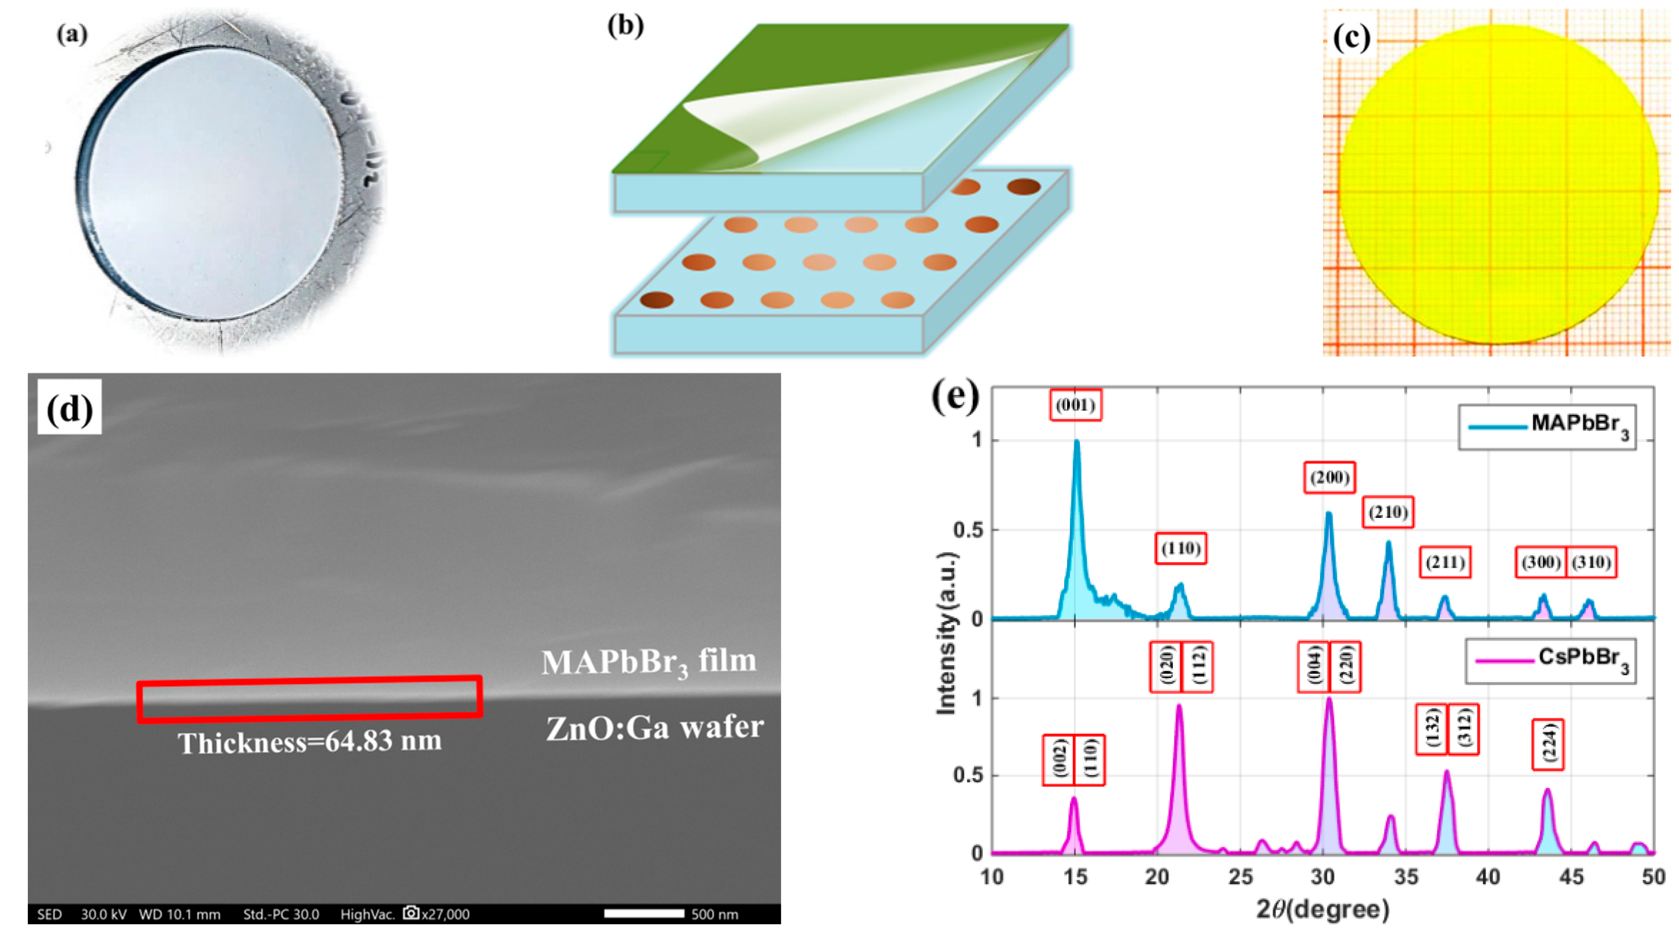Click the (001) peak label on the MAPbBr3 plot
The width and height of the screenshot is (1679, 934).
(1075, 406)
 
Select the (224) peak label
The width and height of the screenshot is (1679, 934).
(1547, 744)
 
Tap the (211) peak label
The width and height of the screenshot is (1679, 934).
(1445, 562)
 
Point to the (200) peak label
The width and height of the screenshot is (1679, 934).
(1329, 478)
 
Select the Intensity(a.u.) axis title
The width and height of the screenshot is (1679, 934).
(946, 633)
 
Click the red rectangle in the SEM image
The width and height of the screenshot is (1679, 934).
(309, 699)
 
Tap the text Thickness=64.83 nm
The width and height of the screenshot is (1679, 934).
(309, 742)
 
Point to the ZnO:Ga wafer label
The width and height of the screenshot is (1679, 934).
(654, 727)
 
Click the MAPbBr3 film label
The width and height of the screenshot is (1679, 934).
(648, 661)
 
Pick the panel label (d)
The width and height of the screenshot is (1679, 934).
(69, 408)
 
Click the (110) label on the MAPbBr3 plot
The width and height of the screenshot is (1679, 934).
(1180, 548)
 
